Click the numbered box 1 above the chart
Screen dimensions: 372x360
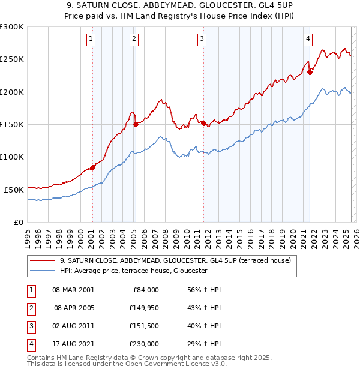pyautogui.click(x=91, y=40)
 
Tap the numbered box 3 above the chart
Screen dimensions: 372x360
pyautogui.click(x=202, y=40)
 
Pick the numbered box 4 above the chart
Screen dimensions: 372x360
pyautogui.click(x=308, y=40)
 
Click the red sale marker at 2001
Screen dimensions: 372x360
pyautogui.click(x=92, y=167)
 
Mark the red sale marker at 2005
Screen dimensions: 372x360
pyautogui.click(x=136, y=125)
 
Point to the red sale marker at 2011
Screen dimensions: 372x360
pyautogui.click(x=203, y=124)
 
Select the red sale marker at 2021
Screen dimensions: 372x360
pyautogui.click(x=310, y=73)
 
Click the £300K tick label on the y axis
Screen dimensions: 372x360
pyautogui.click(x=12, y=27)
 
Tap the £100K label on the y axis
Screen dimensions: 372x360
pyautogui.click(x=12, y=157)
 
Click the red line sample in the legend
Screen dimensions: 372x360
pyautogui.click(x=43, y=260)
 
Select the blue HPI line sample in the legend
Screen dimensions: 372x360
pyautogui.click(x=43, y=271)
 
